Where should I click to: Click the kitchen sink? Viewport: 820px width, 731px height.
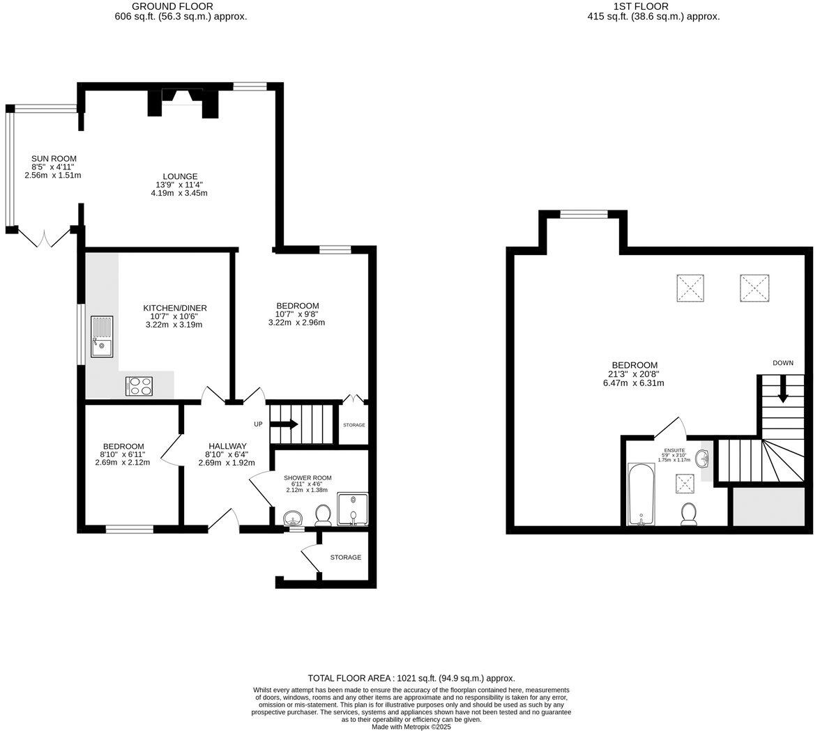click(x=101, y=337)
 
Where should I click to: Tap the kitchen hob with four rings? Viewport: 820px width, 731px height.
click(x=139, y=386)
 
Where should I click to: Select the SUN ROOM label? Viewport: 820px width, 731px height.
click(x=54, y=159)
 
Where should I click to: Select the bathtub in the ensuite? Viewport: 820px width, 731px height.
click(x=639, y=494)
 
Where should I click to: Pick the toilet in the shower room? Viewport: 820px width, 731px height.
click(x=322, y=515)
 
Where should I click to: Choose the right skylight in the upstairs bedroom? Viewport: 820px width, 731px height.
click(x=754, y=288)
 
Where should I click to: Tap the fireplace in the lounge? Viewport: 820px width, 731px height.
click(x=182, y=102)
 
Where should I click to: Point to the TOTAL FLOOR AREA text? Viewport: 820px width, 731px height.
click(x=411, y=678)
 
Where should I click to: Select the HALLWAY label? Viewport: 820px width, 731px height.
click(x=227, y=446)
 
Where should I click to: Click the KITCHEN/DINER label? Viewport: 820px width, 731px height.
click(x=175, y=308)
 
